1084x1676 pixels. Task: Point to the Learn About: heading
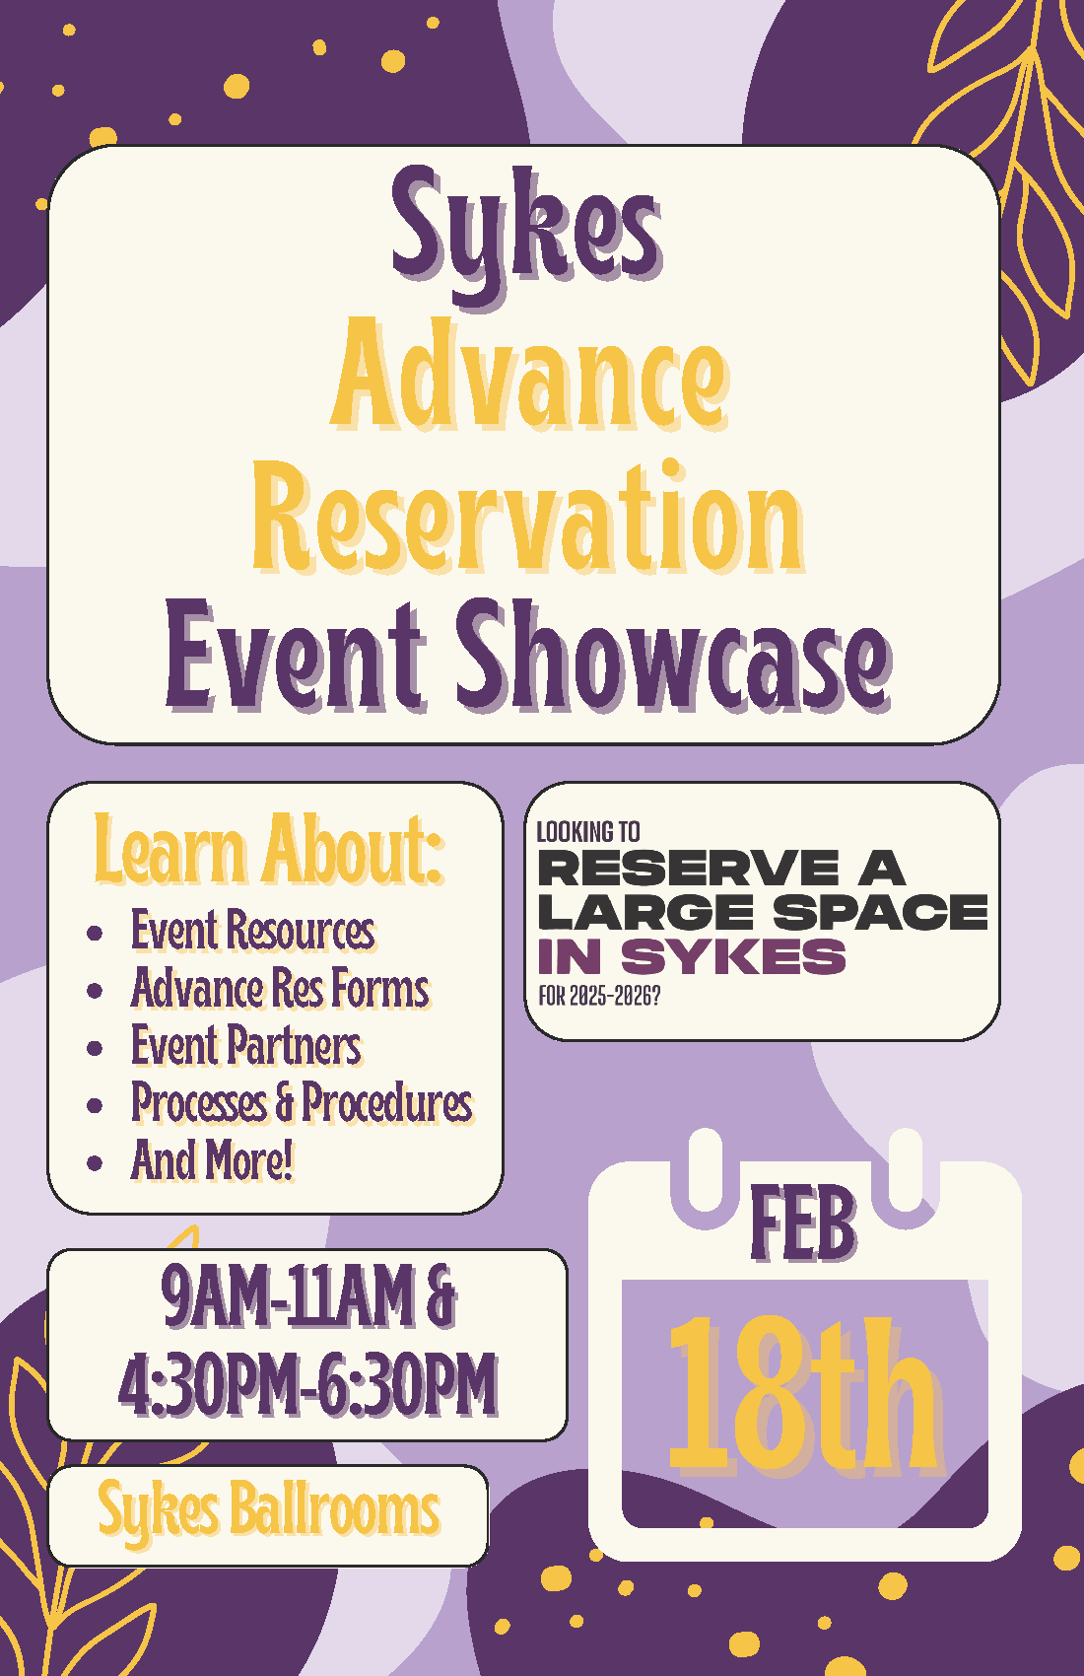click(x=269, y=849)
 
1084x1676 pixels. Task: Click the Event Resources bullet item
click(x=253, y=930)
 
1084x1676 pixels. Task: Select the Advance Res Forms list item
click(x=281, y=988)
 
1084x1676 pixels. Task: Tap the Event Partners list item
click(x=247, y=1045)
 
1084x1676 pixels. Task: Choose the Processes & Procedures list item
click(x=303, y=1103)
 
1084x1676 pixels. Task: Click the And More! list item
click(x=213, y=1160)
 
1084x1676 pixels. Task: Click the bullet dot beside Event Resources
click(x=95, y=933)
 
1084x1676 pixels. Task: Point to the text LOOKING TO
click(x=588, y=832)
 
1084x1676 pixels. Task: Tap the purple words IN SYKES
click(x=692, y=956)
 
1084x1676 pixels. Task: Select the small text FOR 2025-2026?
click(x=599, y=997)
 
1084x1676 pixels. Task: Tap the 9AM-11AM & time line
click(x=308, y=1296)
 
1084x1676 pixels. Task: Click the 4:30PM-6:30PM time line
click(x=308, y=1383)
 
